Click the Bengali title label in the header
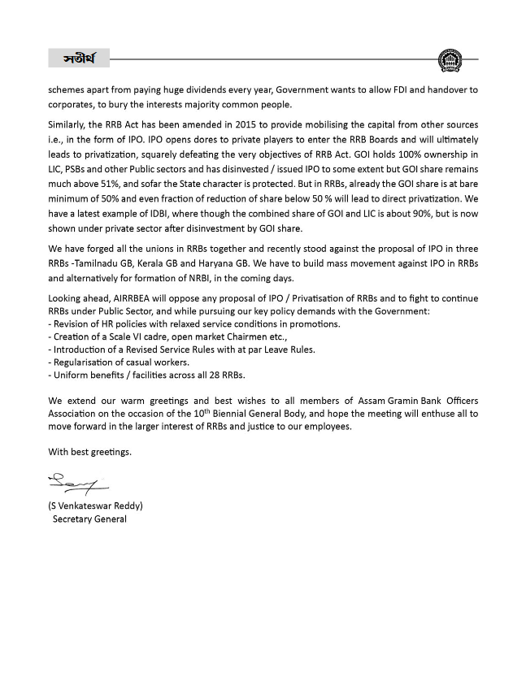click(x=79, y=59)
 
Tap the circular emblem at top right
click(x=447, y=59)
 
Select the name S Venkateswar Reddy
click(x=95, y=506)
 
